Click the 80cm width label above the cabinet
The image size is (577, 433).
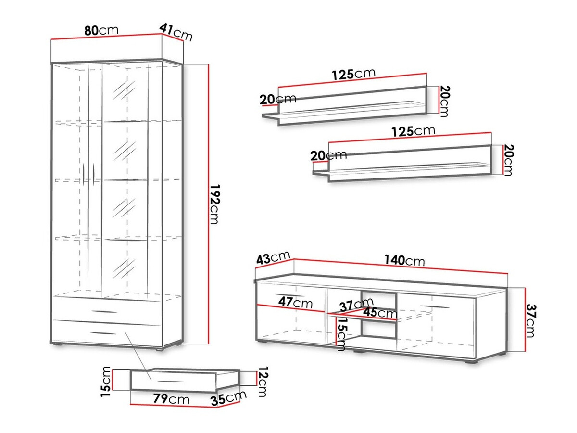(x=101, y=30)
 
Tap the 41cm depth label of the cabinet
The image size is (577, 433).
(x=176, y=32)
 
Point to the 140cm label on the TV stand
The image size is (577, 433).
(x=404, y=260)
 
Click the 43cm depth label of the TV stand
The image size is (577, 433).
(x=273, y=258)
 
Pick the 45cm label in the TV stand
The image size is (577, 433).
(x=380, y=313)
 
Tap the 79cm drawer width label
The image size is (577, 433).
(x=171, y=399)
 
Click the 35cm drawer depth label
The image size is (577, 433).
(x=228, y=398)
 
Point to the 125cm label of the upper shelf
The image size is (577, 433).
(x=353, y=74)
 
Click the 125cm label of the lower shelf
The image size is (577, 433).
(x=414, y=131)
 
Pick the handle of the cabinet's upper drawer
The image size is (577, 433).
(x=105, y=312)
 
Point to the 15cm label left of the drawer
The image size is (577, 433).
(x=106, y=381)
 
